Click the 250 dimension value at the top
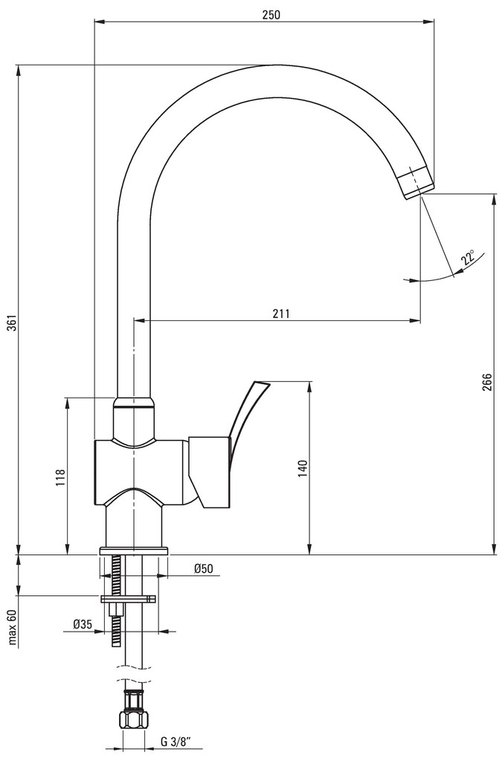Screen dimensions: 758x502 pyautogui.click(x=271, y=14)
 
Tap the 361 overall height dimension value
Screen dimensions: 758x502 pyautogui.click(x=10, y=325)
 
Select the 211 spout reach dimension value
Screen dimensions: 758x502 pyautogui.click(x=280, y=313)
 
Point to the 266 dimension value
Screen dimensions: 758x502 pyautogui.click(x=486, y=381)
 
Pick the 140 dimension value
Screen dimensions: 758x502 pyautogui.click(x=302, y=467)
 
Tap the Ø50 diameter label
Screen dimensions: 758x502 pyautogui.click(x=203, y=569)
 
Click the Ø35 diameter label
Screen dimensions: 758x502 pyautogui.click(x=83, y=625)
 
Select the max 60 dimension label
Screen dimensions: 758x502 pyautogui.click(x=12, y=628)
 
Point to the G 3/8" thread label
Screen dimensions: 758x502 pyautogui.click(x=176, y=741)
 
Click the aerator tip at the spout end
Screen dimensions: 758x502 pyautogui.click(x=415, y=183)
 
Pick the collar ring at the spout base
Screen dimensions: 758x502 pyautogui.click(x=134, y=404)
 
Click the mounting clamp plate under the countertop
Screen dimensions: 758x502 pyautogui.click(x=129, y=598)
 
